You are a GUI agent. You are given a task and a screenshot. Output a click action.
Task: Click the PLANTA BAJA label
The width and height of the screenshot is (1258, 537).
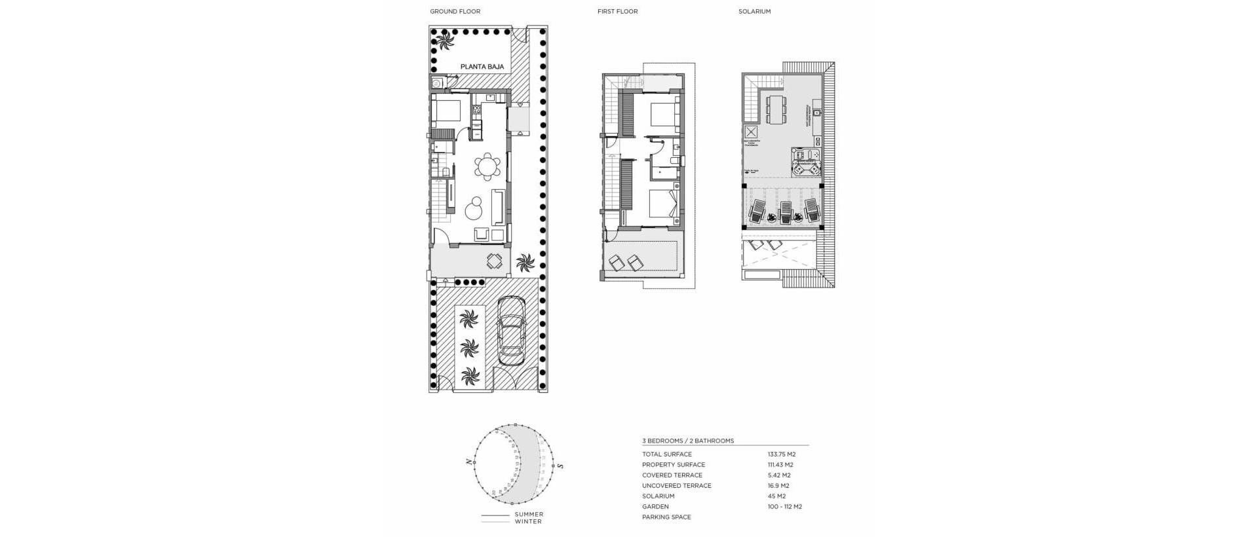point(482,67)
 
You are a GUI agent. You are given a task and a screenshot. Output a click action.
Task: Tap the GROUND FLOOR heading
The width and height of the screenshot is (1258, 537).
point(455,12)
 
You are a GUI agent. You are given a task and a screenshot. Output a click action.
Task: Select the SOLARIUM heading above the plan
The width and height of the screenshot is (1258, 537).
point(754,12)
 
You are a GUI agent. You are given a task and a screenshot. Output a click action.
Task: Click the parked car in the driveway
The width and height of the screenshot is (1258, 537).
point(511,331)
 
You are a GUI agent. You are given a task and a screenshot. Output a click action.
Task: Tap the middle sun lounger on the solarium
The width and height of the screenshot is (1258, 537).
point(784,212)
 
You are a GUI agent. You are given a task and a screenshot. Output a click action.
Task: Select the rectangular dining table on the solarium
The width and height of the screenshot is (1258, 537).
point(776,109)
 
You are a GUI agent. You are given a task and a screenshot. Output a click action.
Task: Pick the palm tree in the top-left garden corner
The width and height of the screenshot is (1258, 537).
point(445,42)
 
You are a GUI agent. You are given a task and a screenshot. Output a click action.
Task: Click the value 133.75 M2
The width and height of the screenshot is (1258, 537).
point(781,454)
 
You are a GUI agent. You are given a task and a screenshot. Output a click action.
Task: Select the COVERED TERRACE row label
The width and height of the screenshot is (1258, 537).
point(672,475)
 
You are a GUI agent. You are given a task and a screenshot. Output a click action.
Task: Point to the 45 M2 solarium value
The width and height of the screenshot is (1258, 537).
point(776,496)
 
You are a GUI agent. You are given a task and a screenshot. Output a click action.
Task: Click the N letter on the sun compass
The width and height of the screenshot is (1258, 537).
point(468,462)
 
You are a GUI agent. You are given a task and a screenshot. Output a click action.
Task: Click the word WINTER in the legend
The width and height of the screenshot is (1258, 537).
point(528,522)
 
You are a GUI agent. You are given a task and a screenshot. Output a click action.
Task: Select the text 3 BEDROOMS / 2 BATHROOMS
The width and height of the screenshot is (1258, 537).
point(688,441)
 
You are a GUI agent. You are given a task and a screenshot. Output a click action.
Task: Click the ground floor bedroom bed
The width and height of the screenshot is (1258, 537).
point(448,111)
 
